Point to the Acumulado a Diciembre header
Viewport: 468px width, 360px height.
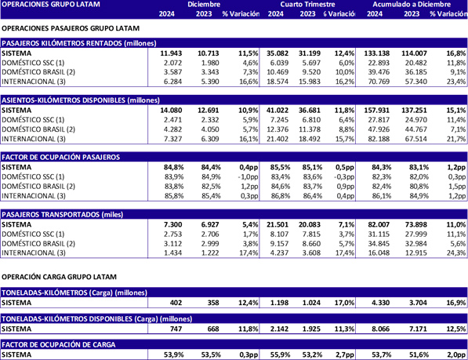[418, 5]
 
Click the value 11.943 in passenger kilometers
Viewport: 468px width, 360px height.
[170, 53]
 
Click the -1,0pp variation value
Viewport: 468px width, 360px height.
[247, 176]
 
